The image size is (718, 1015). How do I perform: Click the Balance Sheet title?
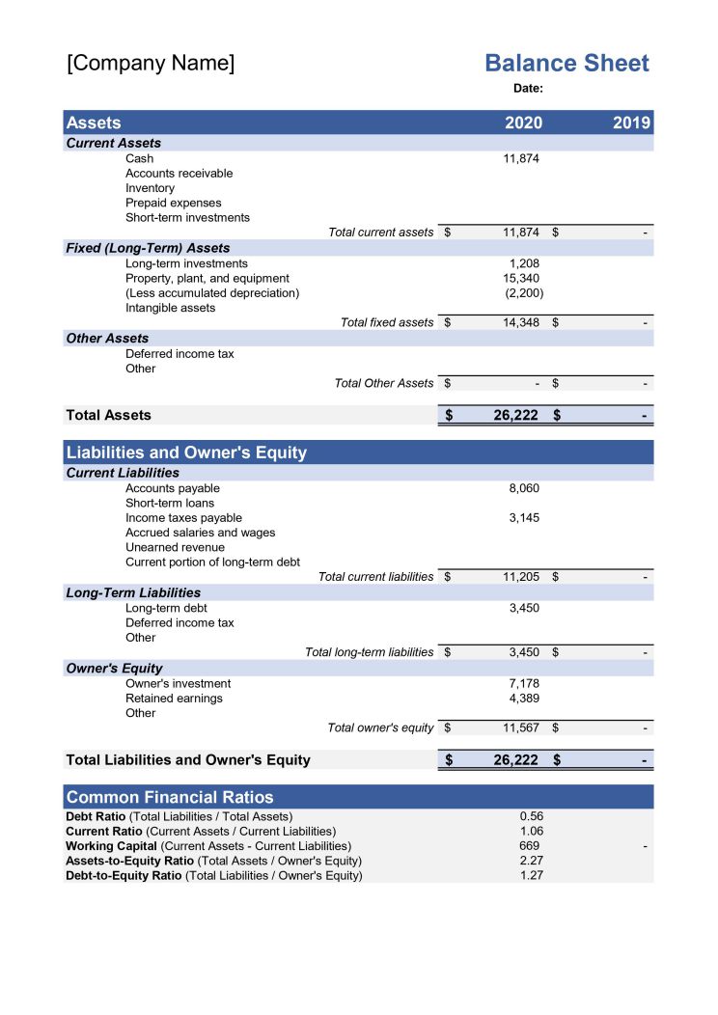coord(566,64)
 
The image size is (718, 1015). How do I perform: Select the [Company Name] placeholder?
coord(151,64)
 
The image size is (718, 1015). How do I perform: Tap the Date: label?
coord(528,89)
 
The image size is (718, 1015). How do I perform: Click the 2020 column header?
coord(523,123)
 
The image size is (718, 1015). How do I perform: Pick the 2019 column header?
coord(632,123)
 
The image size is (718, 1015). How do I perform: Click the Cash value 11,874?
coord(521,158)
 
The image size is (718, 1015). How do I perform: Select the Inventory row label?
coord(151,188)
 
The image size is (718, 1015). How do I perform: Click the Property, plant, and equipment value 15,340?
coord(521,278)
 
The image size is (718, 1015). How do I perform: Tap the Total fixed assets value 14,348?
coord(521,322)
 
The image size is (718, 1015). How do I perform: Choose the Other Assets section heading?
coord(107,339)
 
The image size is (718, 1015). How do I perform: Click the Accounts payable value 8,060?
coord(524,488)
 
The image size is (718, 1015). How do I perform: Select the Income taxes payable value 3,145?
coord(524,518)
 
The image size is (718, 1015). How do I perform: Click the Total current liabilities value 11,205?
coord(521,577)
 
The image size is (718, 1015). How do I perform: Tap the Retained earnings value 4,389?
coord(524,699)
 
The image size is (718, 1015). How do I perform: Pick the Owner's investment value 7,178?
coord(524,683)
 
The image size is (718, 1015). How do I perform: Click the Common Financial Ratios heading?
coord(170,797)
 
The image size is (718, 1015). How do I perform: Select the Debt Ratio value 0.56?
coord(531,816)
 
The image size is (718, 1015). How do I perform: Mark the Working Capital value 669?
coord(529,846)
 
